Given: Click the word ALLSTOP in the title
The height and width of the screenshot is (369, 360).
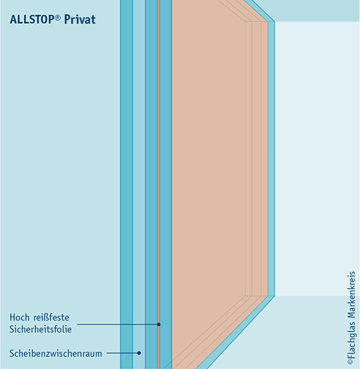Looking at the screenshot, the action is [x=32, y=19].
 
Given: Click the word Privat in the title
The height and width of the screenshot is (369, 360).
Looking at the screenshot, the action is [x=80, y=19].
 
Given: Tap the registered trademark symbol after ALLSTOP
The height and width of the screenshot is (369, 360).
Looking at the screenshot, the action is [x=58, y=17].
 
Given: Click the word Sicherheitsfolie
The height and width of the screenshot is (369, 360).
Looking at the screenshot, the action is [x=40, y=329].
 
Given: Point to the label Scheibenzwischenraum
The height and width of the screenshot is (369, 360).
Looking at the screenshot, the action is [x=55, y=353].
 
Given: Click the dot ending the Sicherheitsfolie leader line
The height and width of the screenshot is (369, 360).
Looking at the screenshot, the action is [x=158, y=324].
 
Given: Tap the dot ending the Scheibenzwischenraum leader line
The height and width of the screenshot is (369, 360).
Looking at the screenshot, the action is [x=139, y=353].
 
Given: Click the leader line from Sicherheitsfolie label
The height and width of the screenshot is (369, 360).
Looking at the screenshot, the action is [x=117, y=324].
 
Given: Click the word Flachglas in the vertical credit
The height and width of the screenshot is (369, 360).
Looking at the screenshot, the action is [x=351, y=339].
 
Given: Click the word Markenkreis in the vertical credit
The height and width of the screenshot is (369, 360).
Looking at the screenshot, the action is [x=351, y=294].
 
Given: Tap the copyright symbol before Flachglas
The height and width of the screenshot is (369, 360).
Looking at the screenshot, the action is [x=351, y=362].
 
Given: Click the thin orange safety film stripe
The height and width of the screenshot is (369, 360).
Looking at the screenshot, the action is [x=158, y=168].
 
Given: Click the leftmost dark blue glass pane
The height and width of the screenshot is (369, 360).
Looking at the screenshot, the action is [x=127, y=168].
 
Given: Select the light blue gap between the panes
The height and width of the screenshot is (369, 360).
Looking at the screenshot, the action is [x=139, y=168].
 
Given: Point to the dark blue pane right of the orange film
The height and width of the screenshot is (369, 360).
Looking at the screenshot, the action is [x=166, y=168].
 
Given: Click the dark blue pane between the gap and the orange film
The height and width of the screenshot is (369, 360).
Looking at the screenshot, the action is [x=151, y=168].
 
